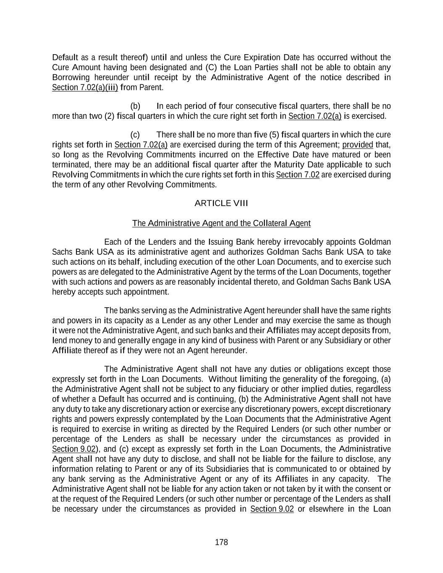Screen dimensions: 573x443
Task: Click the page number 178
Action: click(x=221, y=542)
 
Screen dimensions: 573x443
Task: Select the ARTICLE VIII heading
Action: click(x=221, y=203)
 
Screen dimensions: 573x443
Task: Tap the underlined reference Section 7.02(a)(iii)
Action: click(x=85, y=87)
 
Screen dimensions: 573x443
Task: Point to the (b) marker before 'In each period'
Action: click(x=135, y=106)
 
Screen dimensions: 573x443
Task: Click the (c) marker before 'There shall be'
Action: click(x=135, y=135)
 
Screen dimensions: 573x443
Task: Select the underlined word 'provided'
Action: click(x=358, y=145)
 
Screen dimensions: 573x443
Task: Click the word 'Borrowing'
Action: click(x=71, y=77)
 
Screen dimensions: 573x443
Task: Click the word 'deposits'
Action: click(x=356, y=330)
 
